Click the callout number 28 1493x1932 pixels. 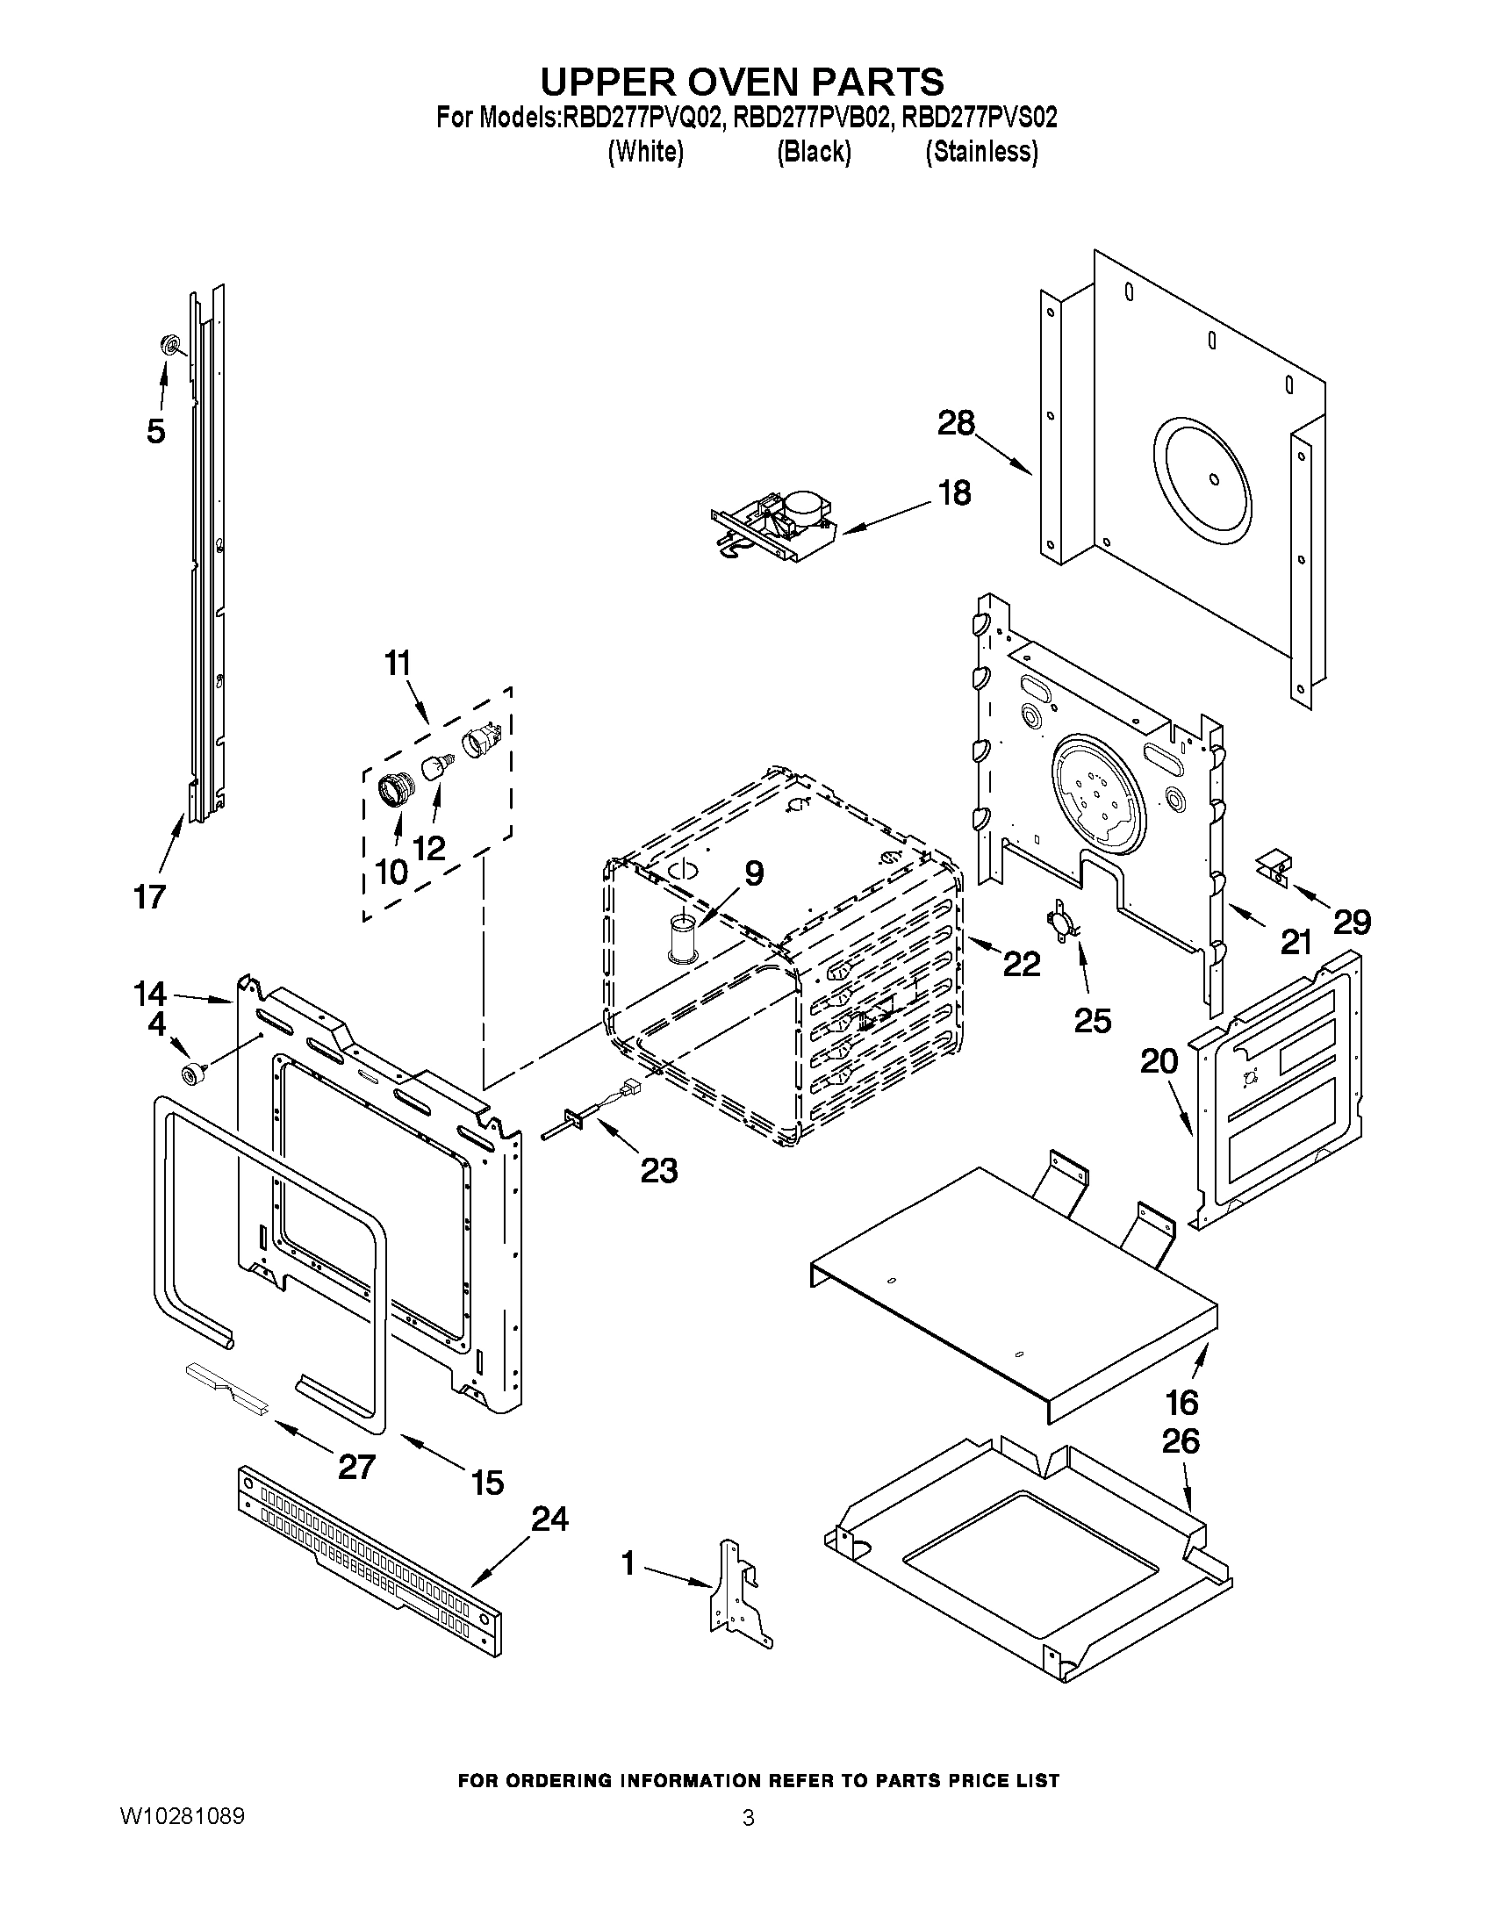[956, 424]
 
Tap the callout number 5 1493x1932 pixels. [155, 432]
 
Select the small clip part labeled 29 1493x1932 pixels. [1274, 865]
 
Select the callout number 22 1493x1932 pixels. [1021, 963]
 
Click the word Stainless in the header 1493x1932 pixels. [981, 152]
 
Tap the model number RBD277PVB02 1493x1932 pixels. [811, 118]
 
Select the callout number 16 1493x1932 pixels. [1181, 1402]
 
